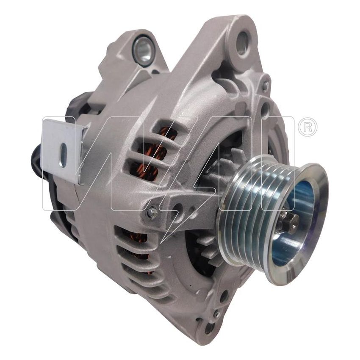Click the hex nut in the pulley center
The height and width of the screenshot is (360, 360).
pyautogui.click(x=289, y=222)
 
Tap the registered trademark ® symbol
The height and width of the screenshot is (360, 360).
pyautogui.click(x=307, y=127)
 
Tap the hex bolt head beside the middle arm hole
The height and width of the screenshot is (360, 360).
pyautogui.click(x=152, y=213)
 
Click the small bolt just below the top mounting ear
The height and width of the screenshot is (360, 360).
pyautogui.click(x=265, y=86)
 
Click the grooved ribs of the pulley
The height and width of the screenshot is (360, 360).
pyautogui.click(x=246, y=212)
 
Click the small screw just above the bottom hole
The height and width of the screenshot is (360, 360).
pyautogui.click(x=216, y=314)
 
